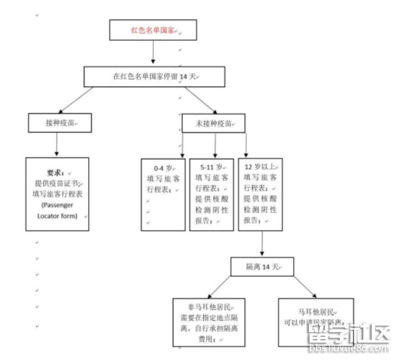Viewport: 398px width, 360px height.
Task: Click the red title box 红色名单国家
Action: coord(153,30)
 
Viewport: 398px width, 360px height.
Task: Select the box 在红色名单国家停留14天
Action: coord(154,77)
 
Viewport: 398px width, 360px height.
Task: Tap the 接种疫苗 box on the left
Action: coord(59,123)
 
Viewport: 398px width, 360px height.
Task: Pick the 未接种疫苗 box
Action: coord(213,123)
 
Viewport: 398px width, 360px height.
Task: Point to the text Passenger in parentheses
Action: coord(57,204)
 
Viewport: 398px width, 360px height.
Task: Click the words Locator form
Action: coord(57,216)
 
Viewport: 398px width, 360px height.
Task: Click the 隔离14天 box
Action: coord(262,266)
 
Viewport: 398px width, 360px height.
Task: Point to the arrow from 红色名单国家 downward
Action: coord(153,52)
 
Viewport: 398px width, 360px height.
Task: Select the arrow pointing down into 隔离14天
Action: coord(263,243)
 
